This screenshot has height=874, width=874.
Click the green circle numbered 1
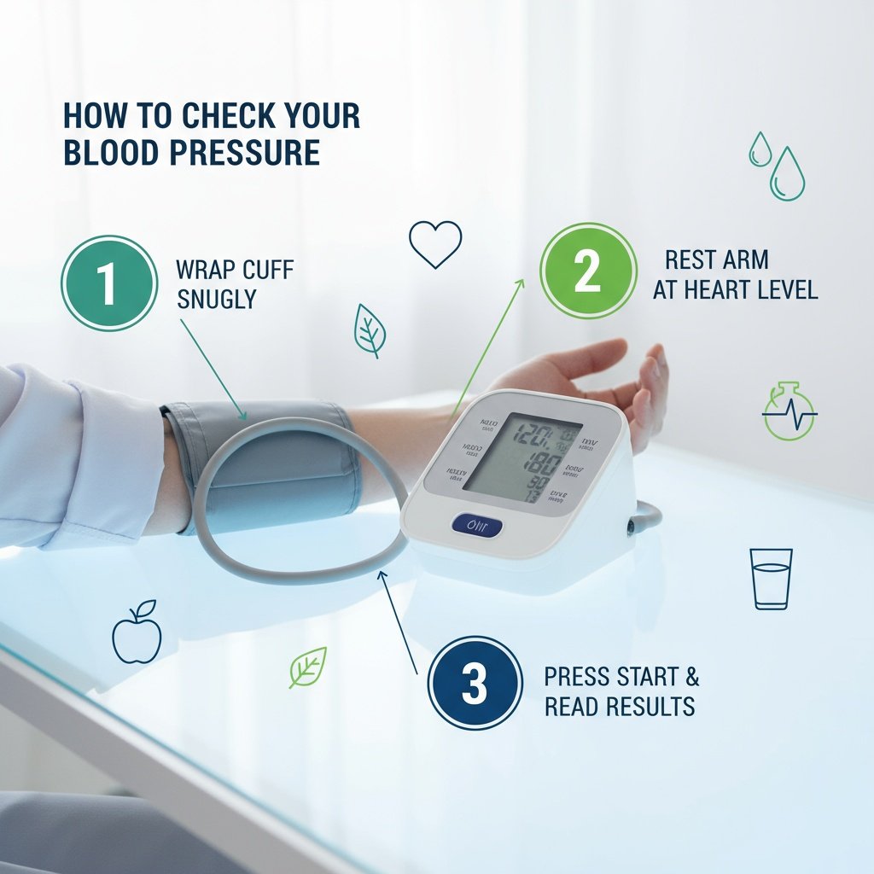(x=108, y=283)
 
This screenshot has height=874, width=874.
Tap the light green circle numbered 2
(x=588, y=271)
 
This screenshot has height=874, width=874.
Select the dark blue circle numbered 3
(x=475, y=683)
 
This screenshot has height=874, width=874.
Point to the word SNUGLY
(x=216, y=299)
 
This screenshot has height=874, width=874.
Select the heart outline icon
(x=435, y=243)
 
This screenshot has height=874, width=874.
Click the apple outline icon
(x=137, y=632)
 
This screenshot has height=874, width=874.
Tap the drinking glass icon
(x=771, y=579)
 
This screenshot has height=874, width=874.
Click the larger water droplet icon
(x=787, y=176)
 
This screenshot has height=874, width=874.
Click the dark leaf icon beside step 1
(x=370, y=330)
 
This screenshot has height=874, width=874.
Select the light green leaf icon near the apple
(x=307, y=667)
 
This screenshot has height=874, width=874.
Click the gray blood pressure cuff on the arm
(x=282, y=465)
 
